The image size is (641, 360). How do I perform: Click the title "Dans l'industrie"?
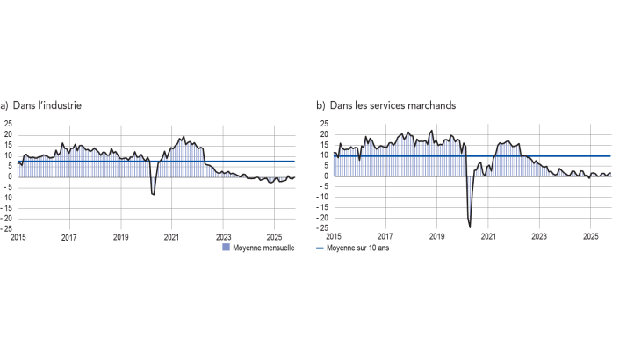[x=47, y=105]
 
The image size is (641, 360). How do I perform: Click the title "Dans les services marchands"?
[x=393, y=105]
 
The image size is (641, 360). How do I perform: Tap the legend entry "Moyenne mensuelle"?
[x=263, y=248]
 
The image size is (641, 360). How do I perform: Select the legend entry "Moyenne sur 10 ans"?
[x=361, y=248]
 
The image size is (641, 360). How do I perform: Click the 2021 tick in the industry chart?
[x=172, y=237]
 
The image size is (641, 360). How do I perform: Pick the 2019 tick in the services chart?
[x=436, y=237]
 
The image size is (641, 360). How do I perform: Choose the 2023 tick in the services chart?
[x=539, y=237]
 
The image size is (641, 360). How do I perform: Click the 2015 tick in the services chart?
[x=334, y=237]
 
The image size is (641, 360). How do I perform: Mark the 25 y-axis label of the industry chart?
[x=9, y=124]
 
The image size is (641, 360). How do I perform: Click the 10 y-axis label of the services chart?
[x=324, y=155]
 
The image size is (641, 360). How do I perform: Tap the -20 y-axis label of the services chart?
[x=322, y=218]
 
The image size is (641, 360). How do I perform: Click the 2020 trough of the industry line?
[x=154, y=194]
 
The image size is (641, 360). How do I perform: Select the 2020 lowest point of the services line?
[x=470, y=227]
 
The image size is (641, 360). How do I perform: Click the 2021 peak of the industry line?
[x=184, y=137]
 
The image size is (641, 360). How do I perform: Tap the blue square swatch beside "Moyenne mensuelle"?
[x=226, y=248]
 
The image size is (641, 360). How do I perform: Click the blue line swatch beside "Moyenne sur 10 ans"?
[x=320, y=248]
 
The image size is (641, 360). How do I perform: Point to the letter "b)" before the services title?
[x=320, y=105]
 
